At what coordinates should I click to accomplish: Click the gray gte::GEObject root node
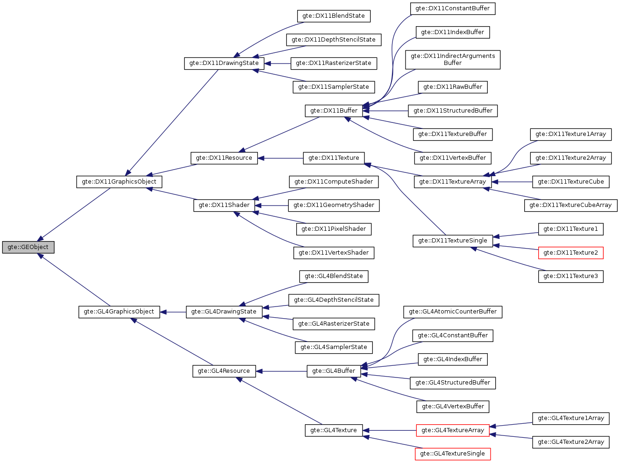(28, 247)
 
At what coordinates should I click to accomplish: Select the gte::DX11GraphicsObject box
(119, 182)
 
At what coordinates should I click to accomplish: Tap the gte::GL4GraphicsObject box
(119, 312)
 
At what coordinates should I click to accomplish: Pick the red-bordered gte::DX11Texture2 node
(570, 253)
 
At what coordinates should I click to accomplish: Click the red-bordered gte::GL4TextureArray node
(452, 430)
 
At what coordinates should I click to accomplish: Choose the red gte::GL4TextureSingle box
(452, 454)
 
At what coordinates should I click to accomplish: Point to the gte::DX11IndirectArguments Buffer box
(452, 59)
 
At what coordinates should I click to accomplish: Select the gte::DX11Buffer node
(334, 111)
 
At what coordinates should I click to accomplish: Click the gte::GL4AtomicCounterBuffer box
(452, 312)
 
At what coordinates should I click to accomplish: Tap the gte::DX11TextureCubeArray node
(570, 205)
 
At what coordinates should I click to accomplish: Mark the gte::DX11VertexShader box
(334, 253)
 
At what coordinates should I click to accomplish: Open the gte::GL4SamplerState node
(334, 347)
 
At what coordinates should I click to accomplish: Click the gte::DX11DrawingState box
(224, 63)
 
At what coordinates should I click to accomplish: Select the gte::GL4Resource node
(224, 371)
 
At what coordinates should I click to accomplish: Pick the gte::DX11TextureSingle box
(452, 241)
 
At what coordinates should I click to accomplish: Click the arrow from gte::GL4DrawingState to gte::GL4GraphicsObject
(173, 312)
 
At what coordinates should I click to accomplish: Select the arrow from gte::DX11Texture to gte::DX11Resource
(280, 158)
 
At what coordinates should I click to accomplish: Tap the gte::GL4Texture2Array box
(570, 442)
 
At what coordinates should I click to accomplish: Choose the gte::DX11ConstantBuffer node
(452, 8)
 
